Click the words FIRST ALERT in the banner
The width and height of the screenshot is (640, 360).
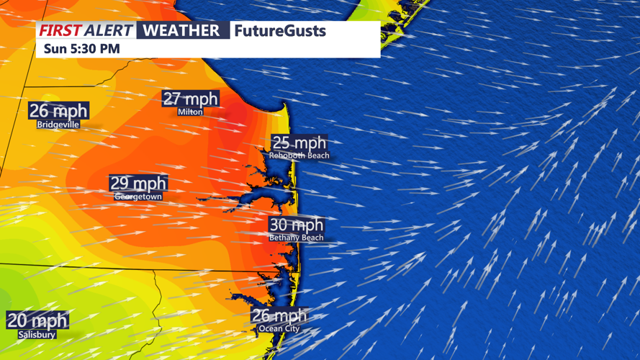[x=86, y=30]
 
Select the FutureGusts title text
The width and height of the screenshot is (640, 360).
[x=280, y=31]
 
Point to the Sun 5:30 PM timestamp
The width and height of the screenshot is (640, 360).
[x=82, y=49]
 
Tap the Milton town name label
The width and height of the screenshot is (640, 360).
[x=190, y=112]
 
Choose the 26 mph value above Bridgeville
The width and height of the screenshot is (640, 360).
[x=58, y=111]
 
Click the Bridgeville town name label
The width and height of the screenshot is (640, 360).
[x=58, y=125]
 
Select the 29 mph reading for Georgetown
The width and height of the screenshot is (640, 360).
[x=138, y=184]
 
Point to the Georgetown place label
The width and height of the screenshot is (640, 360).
[x=138, y=197]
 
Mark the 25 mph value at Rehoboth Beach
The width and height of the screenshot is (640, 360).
[x=299, y=143]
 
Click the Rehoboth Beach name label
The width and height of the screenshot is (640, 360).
[x=299, y=156]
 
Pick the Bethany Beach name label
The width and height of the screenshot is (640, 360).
[x=297, y=238]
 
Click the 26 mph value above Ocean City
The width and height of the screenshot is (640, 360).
[x=279, y=316]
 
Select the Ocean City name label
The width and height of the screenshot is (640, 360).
[x=279, y=329]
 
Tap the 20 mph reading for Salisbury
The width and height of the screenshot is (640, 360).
[x=37, y=321]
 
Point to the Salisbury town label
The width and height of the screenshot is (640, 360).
[x=37, y=335]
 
